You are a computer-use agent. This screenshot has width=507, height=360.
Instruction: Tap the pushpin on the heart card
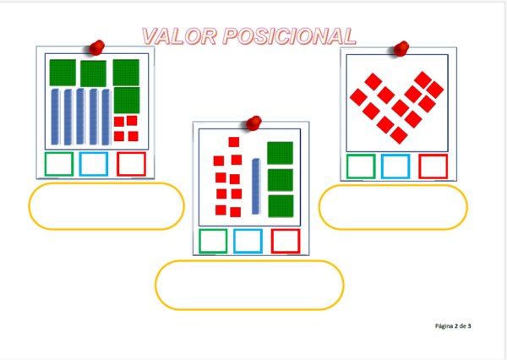pos(401,47)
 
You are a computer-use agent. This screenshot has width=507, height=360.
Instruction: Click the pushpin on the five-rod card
pos(97,46)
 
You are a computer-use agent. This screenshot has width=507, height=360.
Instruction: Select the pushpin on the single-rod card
pos(251,123)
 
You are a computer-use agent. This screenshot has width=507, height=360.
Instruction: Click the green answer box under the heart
pos(361,166)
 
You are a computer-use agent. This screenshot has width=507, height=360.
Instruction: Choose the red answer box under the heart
pos(433,166)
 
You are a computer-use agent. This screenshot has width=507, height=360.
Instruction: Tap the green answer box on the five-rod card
pos(58,164)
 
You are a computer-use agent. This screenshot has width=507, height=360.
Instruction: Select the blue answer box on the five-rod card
pos(94,164)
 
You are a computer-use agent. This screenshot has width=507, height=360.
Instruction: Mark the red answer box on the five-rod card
pos(131,164)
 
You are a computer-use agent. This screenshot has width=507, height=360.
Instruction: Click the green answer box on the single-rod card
pos(212,241)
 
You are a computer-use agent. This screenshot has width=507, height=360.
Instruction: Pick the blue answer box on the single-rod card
pos(248,241)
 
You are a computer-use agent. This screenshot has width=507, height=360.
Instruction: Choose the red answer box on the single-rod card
pos(286,241)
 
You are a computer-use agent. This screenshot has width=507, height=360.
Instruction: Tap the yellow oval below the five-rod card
pos(106,206)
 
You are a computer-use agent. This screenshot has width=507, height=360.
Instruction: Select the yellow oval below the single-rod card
pos(249,285)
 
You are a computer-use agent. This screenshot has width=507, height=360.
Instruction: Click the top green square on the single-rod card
pos(280,153)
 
